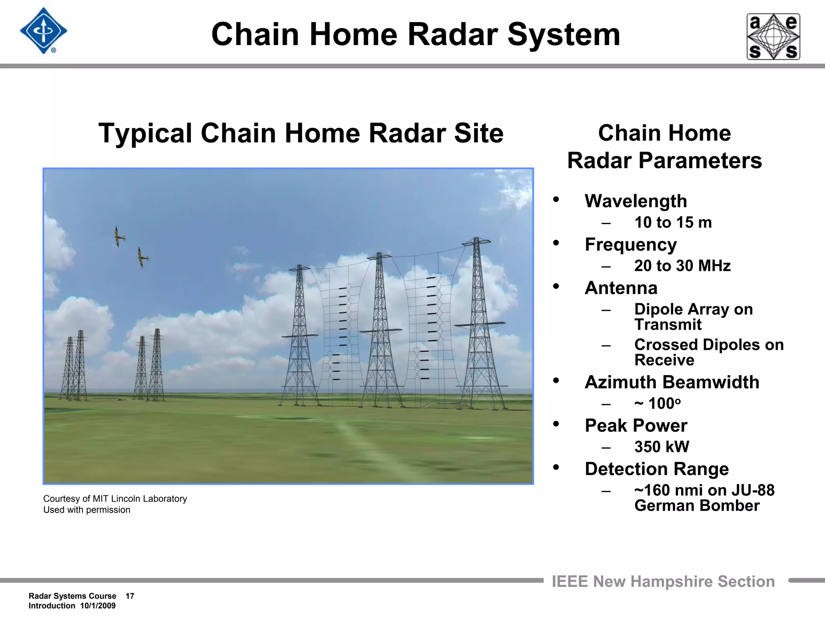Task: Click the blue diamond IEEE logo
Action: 44,31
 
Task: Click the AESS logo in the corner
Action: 773,37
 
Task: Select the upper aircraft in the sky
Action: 119,237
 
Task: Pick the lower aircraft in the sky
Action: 142,257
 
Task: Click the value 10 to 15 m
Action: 673,222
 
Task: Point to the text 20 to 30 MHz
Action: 682,266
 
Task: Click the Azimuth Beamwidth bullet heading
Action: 672,382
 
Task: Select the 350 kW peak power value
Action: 661,447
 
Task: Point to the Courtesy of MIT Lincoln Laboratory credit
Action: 115,499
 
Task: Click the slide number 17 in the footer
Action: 130,596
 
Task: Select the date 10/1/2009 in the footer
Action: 97,606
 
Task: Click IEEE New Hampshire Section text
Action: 663,582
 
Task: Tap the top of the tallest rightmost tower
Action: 476,241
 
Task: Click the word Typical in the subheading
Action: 145,133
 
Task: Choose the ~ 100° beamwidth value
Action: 657,403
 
